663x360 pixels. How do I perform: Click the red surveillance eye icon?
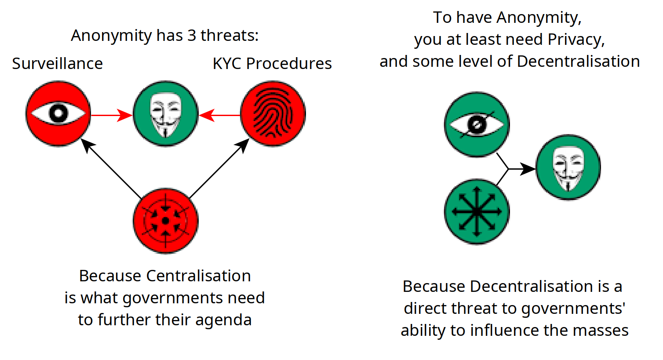click(x=58, y=113)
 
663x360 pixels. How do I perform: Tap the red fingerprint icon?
click(x=273, y=113)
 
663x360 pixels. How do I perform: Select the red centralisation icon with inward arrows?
click(x=165, y=221)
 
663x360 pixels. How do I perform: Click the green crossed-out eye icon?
click(x=477, y=124)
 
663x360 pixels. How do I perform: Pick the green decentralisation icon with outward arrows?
click(x=477, y=212)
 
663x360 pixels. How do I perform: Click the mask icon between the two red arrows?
click(x=165, y=113)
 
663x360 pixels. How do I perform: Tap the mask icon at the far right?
click(x=568, y=167)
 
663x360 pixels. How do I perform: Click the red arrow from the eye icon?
click(x=112, y=115)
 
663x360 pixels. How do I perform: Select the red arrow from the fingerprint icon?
click(x=219, y=115)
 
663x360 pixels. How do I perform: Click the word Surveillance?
click(x=58, y=63)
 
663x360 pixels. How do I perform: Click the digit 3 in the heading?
click(x=192, y=36)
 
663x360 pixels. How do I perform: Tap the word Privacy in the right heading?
click(x=576, y=40)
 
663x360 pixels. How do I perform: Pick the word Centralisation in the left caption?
click(x=198, y=276)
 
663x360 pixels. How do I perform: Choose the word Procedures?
click(x=289, y=63)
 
